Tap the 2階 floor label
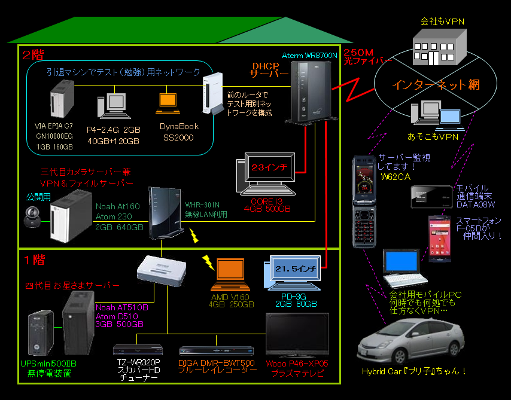33,55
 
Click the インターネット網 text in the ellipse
436,84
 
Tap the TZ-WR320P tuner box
137,350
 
